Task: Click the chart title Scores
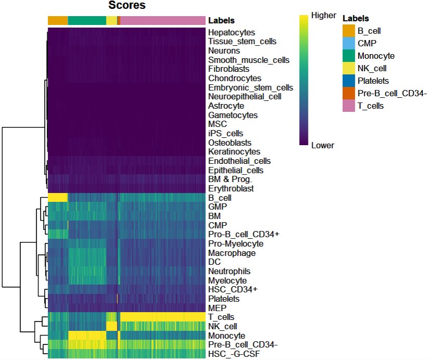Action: (127, 6)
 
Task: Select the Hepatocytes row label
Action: (231, 32)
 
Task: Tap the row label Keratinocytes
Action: (234, 151)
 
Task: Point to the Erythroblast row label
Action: (231, 188)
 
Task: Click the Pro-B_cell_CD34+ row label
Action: (243, 234)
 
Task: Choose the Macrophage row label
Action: (231, 253)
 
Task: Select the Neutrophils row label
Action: (229, 271)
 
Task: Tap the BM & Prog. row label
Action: (230, 179)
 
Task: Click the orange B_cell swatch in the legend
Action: (348, 31)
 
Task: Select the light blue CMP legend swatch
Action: (348, 44)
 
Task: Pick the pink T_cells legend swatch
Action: (348, 106)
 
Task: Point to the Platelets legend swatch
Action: (348, 81)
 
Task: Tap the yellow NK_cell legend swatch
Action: (348, 68)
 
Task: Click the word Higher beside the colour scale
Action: (323, 16)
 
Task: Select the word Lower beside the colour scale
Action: (322, 145)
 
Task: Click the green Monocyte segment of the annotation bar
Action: (87, 21)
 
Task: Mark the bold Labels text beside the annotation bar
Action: (221, 21)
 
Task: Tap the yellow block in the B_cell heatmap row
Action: (58, 198)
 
